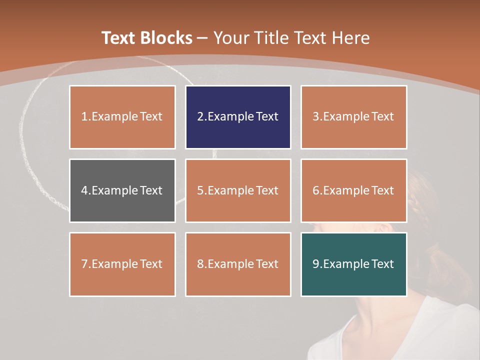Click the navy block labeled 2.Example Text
click(x=238, y=117)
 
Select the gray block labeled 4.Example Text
click(x=122, y=190)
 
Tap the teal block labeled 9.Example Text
click(x=353, y=264)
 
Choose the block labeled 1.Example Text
click(x=122, y=117)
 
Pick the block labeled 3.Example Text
click(x=353, y=117)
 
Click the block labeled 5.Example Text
click(x=238, y=190)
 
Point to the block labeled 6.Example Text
click(x=353, y=190)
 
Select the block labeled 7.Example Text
click(x=122, y=264)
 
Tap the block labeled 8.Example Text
click(x=238, y=264)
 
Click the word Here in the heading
click(x=350, y=38)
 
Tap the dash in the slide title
click(x=202, y=38)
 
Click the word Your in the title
click(x=232, y=38)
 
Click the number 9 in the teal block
click(x=315, y=264)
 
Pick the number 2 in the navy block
click(x=200, y=117)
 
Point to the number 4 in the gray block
click(x=84, y=190)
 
